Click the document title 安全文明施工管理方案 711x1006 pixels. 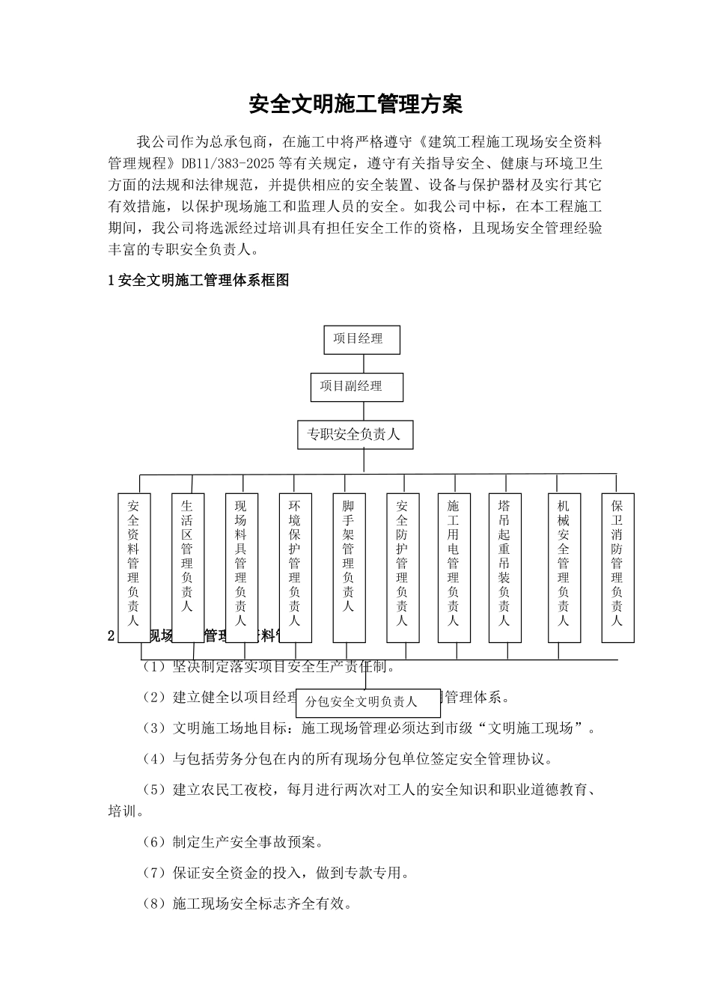(355, 104)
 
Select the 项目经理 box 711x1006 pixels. (362, 339)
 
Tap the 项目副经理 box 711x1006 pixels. (356, 387)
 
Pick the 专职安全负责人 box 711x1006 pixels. (355, 434)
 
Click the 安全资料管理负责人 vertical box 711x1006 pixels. (134, 567)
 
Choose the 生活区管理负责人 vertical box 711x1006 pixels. (187, 567)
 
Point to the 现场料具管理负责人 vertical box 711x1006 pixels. (241, 567)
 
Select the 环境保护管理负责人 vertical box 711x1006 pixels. (295, 567)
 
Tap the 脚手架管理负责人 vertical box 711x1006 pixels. (349, 567)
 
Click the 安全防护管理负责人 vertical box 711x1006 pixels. (403, 567)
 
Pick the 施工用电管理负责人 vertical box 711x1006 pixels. (454, 567)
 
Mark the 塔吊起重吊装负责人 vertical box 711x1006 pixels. (504, 567)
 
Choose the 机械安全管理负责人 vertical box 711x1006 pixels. (564, 567)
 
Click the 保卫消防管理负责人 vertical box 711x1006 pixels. (617, 567)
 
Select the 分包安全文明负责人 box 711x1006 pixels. (367, 702)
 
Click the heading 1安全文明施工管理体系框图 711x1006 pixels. (199, 281)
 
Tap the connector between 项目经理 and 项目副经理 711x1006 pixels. (364, 364)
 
